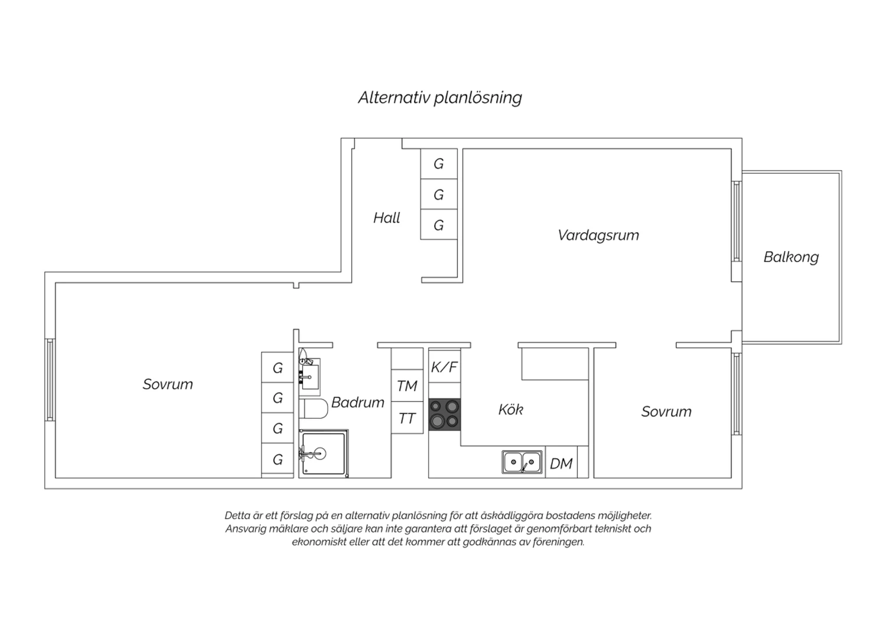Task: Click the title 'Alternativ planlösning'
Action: click(x=440, y=97)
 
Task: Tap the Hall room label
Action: click(x=386, y=218)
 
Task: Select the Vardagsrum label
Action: click(x=598, y=235)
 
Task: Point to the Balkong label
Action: click(x=791, y=257)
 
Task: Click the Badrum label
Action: click(x=357, y=403)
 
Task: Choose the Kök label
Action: click(x=511, y=410)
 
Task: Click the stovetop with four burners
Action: click(x=445, y=415)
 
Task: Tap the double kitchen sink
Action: click(x=522, y=462)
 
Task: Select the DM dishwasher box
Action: click(x=561, y=462)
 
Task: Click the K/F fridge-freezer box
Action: click(x=445, y=367)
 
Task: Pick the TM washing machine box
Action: click(x=407, y=386)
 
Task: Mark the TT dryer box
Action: click(x=407, y=418)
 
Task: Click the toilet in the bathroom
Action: click(x=314, y=409)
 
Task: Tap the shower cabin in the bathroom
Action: click(x=324, y=454)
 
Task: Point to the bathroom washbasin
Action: click(x=310, y=377)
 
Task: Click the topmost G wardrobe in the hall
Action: click(x=439, y=164)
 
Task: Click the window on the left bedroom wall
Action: click(x=50, y=380)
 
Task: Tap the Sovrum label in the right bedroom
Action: click(x=666, y=412)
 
